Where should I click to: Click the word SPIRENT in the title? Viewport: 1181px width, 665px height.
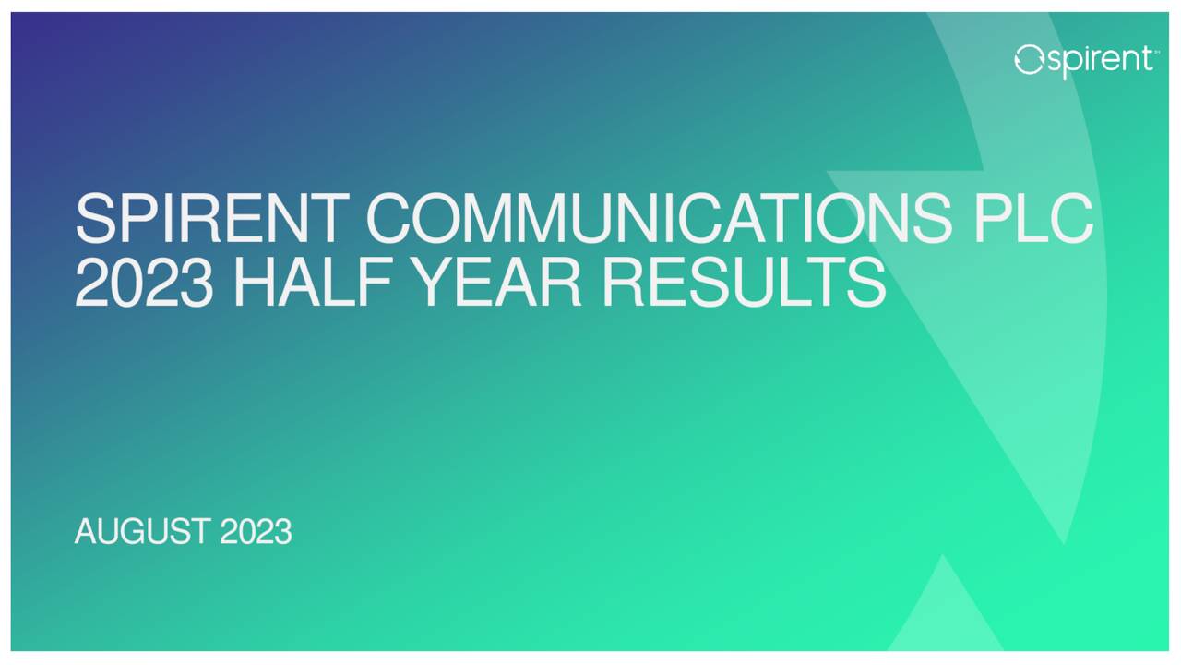[214, 218]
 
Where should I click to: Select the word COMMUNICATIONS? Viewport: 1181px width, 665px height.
[657, 218]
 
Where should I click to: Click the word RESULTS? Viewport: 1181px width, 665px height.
[744, 282]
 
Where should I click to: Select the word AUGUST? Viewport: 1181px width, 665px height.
[142, 532]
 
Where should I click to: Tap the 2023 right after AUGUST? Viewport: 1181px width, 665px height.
[256, 532]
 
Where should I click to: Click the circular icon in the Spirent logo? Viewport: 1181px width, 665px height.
[1028, 61]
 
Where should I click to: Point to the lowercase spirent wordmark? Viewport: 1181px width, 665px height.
[1098, 61]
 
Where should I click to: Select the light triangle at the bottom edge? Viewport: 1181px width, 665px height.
[944, 614]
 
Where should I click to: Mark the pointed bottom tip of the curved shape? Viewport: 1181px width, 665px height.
[1064, 543]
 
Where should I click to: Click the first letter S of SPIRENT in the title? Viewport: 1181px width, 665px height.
[96, 218]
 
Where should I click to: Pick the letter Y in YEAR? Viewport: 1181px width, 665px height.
[437, 282]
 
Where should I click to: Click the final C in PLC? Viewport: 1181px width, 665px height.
[1070, 218]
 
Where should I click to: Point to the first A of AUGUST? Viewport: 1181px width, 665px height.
[86, 532]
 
